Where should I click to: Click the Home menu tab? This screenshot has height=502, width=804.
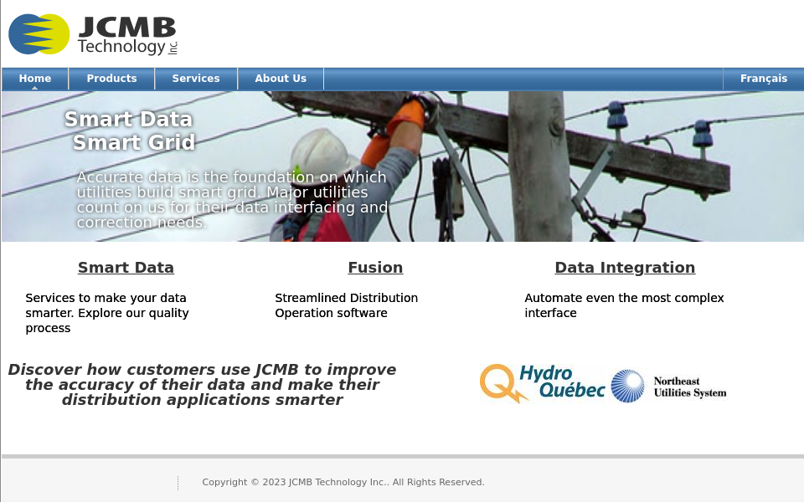35,79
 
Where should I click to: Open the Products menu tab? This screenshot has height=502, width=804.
111,79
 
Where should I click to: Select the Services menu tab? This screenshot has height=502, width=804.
196,79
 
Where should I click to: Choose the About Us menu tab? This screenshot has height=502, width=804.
281,79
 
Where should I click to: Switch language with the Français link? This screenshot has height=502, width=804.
763,79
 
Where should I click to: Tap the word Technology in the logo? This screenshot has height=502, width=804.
121,48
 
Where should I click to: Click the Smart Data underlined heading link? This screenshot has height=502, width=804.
126,268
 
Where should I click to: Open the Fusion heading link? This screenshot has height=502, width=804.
375,268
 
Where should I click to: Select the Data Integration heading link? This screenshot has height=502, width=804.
625,268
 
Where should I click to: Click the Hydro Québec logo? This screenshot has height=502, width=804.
542,384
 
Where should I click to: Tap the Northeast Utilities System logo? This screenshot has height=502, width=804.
669,387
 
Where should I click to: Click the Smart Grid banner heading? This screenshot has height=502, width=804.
134,143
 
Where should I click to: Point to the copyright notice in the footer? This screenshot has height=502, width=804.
343,482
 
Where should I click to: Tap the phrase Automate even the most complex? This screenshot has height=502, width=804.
624,298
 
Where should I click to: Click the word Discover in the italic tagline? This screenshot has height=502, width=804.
44,370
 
